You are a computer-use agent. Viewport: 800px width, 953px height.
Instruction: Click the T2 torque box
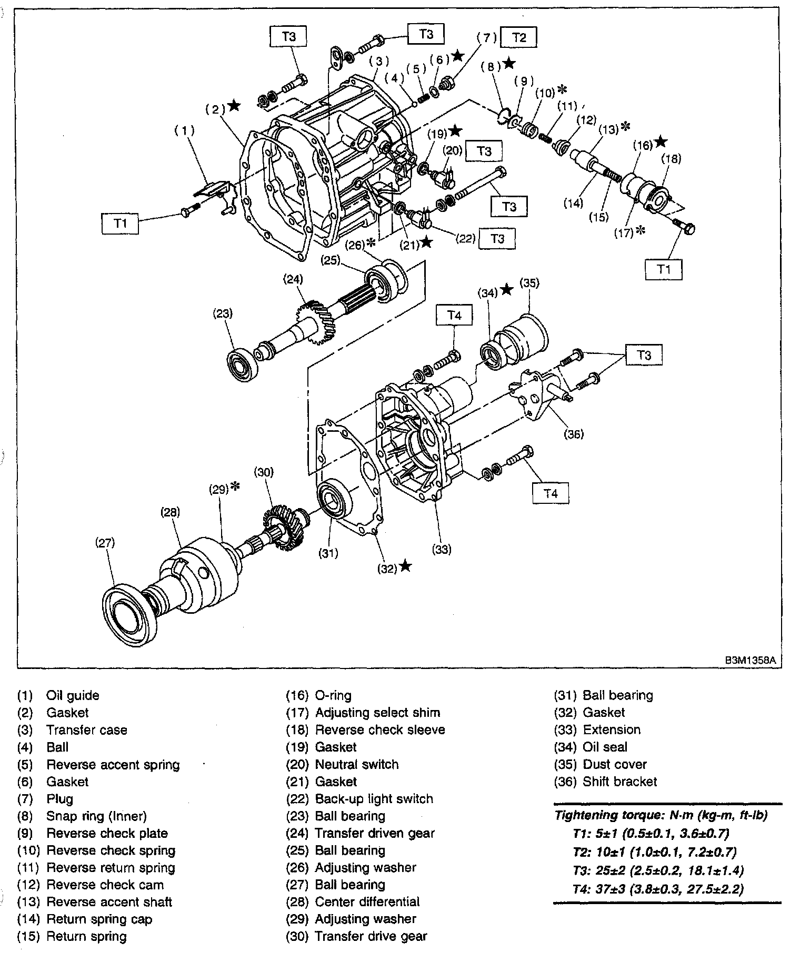point(519,37)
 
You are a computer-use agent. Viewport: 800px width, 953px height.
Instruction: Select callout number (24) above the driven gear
point(293,279)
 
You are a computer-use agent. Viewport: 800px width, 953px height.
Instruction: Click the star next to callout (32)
point(405,566)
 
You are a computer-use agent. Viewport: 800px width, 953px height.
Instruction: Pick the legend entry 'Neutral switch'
point(356,764)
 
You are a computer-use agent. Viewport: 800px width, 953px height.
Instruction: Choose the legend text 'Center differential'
point(367,901)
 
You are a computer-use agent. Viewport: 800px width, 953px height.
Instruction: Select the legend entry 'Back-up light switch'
point(374,799)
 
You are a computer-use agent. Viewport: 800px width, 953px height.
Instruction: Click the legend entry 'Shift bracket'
point(619,782)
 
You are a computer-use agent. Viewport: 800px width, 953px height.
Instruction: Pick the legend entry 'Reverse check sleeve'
point(379,729)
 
